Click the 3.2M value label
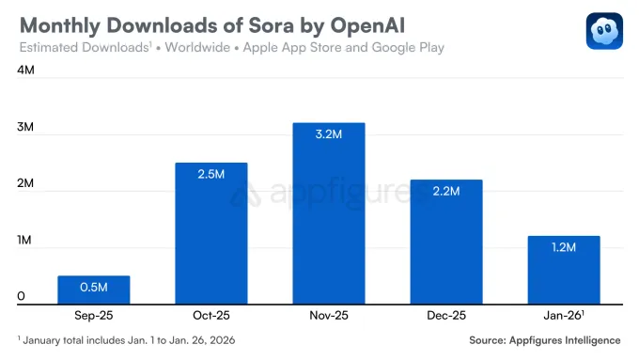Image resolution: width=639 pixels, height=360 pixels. point(328,134)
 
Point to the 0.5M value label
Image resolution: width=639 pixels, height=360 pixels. point(93,287)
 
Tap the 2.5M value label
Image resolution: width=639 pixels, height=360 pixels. point(210,174)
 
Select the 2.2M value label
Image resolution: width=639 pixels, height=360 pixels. point(445,191)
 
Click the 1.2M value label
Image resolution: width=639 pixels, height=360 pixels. point(563,247)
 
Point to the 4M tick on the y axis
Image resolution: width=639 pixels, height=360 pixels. point(26,70)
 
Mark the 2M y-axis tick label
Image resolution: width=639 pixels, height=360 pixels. point(26,184)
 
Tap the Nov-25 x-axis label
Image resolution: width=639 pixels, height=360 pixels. point(328,316)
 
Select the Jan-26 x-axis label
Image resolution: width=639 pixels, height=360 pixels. point(564,316)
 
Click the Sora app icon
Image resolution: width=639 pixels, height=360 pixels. point(604,31)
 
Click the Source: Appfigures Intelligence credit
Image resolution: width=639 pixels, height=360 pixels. point(545,339)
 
